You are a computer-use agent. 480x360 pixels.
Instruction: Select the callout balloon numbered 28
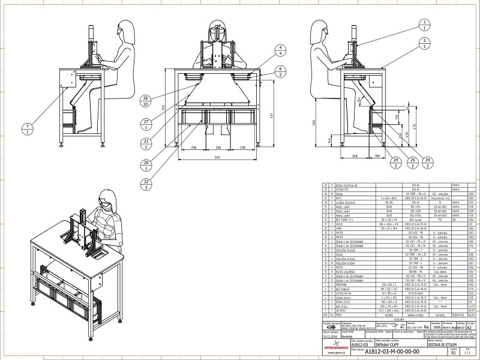click(x=146, y=101)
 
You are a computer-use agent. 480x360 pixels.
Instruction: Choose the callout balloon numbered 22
click(x=146, y=184)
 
